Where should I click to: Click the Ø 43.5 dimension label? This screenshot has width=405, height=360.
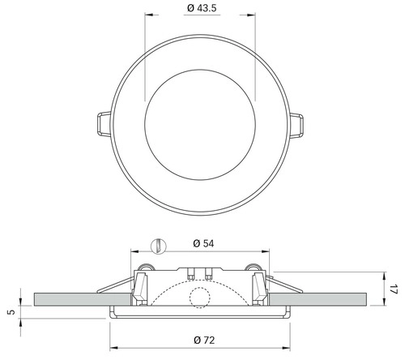click(x=202, y=8)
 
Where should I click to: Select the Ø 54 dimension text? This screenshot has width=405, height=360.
click(x=203, y=243)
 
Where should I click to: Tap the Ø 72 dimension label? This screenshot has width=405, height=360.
click(x=204, y=340)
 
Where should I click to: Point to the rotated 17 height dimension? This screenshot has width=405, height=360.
click(x=394, y=289)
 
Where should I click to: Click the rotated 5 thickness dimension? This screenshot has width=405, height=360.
click(x=11, y=312)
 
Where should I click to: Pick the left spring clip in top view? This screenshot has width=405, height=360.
click(x=104, y=124)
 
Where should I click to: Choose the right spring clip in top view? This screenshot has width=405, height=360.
click(x=296, y=126)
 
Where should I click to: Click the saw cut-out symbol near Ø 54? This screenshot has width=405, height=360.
click(x=158, y=246)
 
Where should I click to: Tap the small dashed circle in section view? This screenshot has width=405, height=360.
click(x=200, y=298)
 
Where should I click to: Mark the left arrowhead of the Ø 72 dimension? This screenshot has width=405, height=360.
click(x=114, y=348)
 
